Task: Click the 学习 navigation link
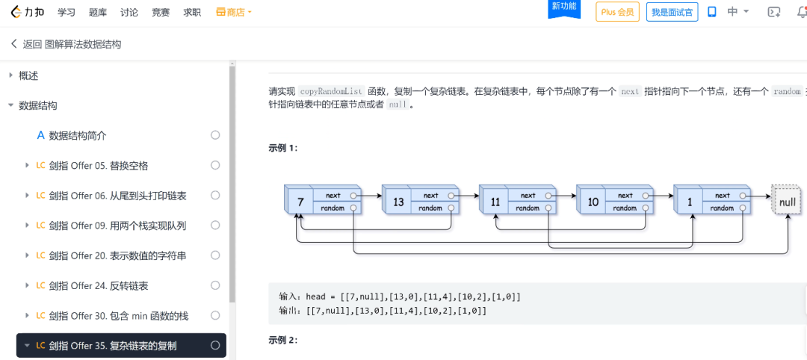point(67,13)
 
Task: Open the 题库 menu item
point(98,13)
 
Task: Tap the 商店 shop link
point(235,13)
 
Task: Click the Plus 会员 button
point(617,12)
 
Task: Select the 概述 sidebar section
point(28,75)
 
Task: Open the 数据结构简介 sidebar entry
point(78,135)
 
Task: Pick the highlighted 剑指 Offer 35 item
point(113,346)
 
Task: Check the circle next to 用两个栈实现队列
point(215,226)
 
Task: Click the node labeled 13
point(398,202)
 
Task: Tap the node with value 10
point(593,202)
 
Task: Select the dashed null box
point(787,202)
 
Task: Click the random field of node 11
point(528,208)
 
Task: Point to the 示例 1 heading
point(283,148)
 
